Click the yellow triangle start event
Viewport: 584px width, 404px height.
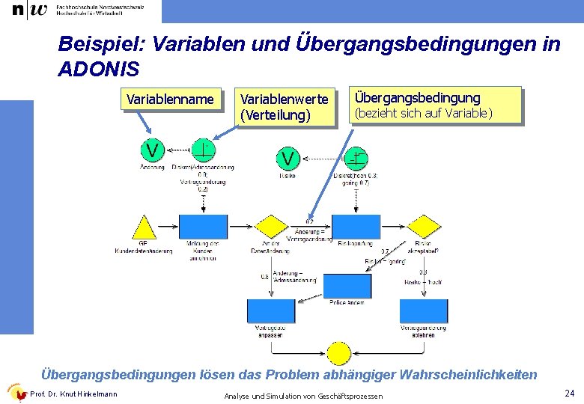tap(143, 228)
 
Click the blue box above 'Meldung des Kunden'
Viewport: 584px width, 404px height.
tap(203, 227)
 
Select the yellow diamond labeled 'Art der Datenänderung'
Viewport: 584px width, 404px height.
tap(272, 226)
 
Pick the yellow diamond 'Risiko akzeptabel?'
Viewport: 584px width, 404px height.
tap(423, 226)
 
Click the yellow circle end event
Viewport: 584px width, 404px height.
tap(339, 352)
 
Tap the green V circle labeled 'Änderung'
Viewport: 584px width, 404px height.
tap(152, 150)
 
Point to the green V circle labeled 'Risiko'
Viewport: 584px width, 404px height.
tap(288, 158)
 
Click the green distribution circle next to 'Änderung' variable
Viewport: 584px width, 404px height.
tap(203, 150)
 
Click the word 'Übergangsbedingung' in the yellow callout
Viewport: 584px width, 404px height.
tap(417, 98)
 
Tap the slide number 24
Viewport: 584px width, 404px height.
tap(569, 394)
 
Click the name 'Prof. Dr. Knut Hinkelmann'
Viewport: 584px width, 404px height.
tap(73, 394)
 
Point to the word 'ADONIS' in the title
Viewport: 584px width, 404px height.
tap(98, 70)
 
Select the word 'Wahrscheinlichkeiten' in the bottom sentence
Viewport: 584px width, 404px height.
tap(469, 374)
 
